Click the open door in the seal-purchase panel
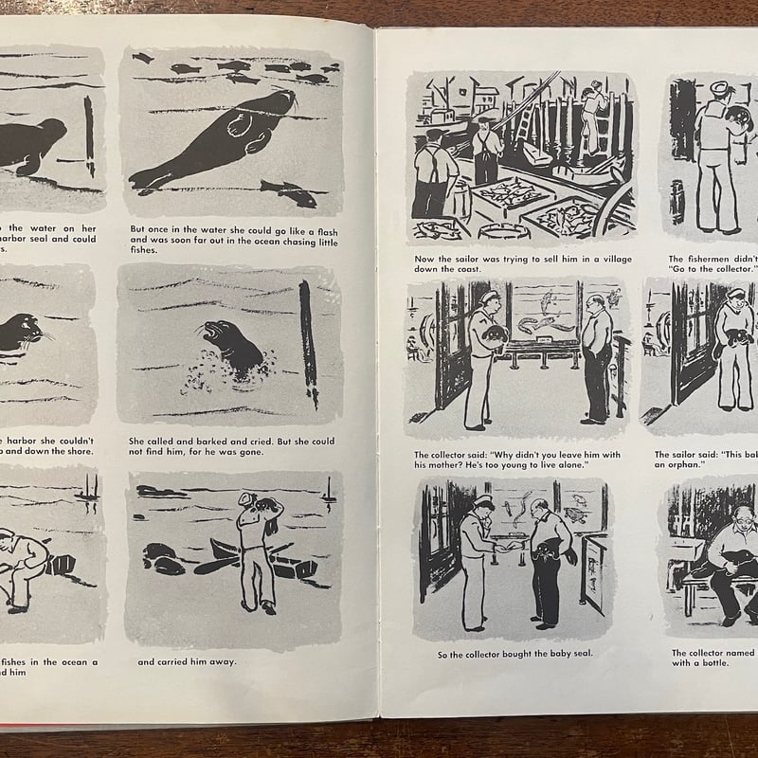(x=435, y=554)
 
